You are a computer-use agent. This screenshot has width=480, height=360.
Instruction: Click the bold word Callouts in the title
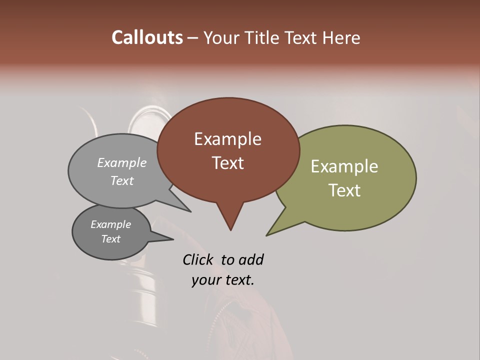click(x=147, y=37)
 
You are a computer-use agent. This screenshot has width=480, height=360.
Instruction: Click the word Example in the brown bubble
click(x=227, y=139)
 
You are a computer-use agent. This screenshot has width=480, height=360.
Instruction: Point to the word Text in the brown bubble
click(x=227, y=162)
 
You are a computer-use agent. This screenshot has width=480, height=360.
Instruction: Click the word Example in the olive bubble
click(x=344, y=166)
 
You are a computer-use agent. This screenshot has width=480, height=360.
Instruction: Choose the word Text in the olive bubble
click(x=344, y=190)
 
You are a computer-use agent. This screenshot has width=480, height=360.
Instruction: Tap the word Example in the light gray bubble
click(x=122, y=162)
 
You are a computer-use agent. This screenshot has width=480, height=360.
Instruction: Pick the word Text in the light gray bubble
click(x=122, y=180)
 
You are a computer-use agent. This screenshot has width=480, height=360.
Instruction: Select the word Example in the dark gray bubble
click(x=110, y=224)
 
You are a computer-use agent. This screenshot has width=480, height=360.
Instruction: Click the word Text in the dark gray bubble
click(x=110, y=239)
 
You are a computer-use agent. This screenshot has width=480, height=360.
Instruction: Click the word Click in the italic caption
click(x=197, y=259)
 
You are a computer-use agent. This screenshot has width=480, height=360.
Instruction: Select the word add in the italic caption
click(x=251, y=259)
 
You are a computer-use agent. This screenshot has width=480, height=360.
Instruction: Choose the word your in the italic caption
click(x=204, y=279)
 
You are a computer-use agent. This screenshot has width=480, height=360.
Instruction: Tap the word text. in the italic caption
click(x=236, y=279)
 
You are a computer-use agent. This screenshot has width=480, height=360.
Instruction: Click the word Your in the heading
click(x=220, y=37)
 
